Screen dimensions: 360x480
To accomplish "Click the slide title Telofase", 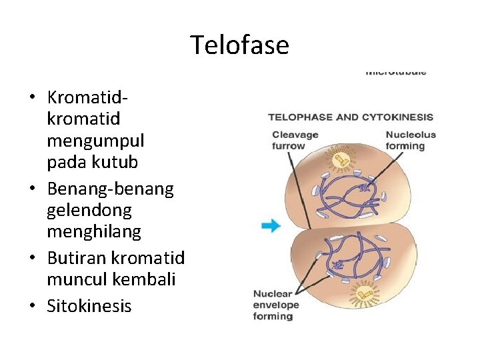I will click(x=239, y=45).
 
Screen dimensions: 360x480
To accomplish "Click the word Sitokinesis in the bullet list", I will click(x=89, y=306).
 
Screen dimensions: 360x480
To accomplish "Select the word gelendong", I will click(x=89, y=211).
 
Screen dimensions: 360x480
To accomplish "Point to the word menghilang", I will click(x=94, y=232).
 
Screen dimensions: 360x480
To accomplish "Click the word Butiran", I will click(x=77, y=257).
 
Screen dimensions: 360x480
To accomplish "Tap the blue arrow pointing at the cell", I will click(x=271, y=226).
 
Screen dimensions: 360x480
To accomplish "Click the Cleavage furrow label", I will click(x=295, y=140).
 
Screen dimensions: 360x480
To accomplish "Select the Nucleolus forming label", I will click(x=410, y=140).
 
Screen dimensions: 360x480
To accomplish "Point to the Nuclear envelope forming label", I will click(x=276, y=305).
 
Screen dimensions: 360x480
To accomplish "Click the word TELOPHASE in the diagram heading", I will click(x=300, y=117).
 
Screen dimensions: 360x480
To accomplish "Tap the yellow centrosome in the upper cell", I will click(x=339, y=160).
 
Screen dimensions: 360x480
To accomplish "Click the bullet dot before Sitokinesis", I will click(x=31, y=307).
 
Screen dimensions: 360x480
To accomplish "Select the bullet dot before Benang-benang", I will click(x=31, y=190).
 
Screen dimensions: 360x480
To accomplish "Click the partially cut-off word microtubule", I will click(x=396, y=71).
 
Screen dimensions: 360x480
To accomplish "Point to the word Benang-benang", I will click(x=111, y=189).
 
